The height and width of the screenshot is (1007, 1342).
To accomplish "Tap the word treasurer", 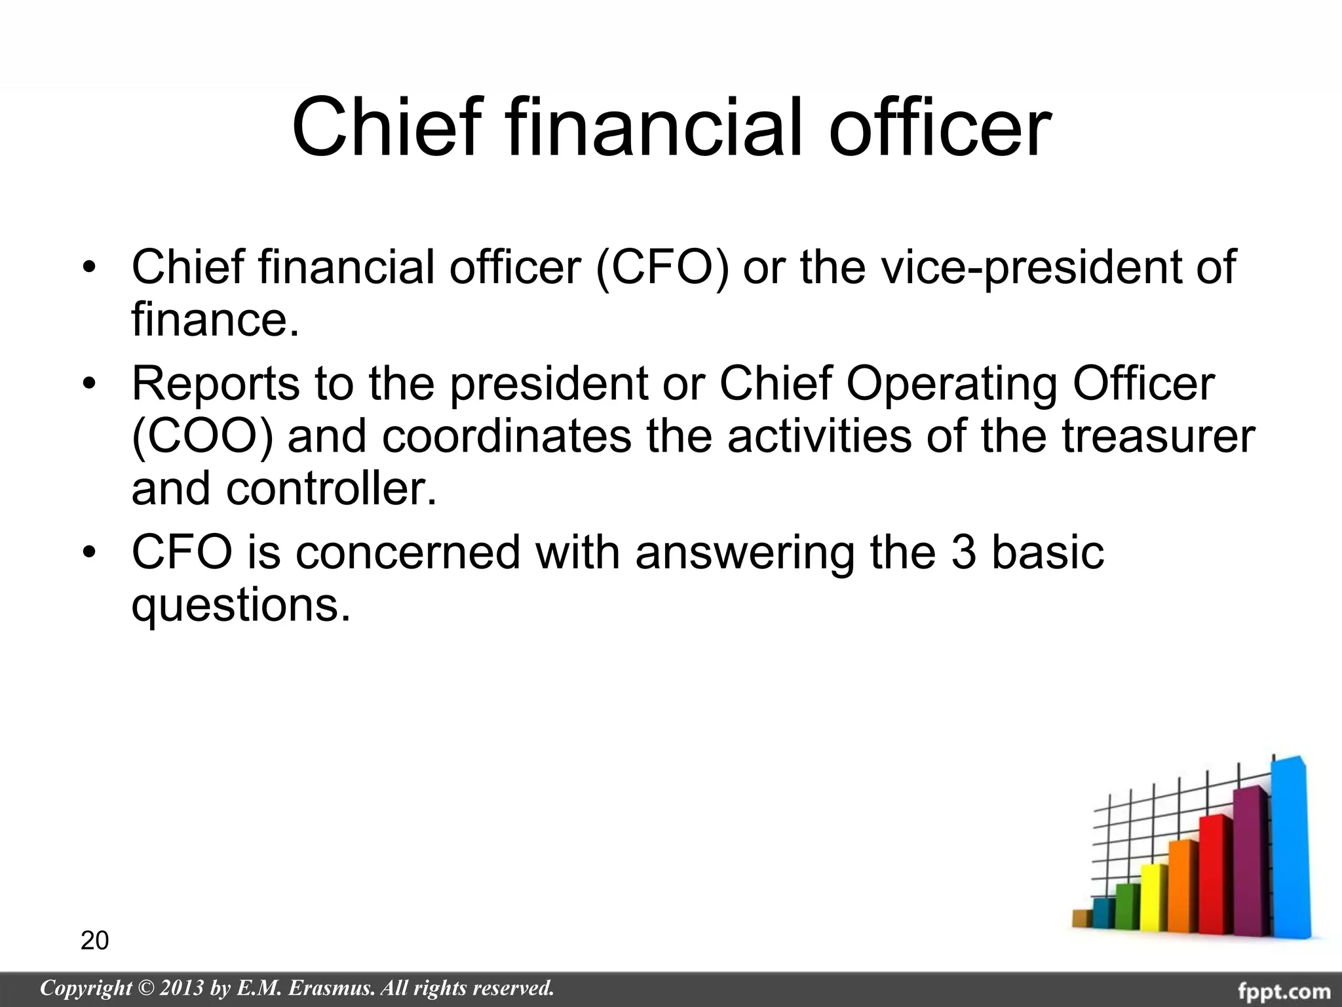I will [x=1159, y=437].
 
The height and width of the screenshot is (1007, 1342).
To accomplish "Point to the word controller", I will [x=331, y=489].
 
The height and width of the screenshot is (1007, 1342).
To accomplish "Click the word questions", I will [x=240, y=605].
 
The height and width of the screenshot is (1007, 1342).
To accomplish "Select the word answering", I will [x=744, y=552].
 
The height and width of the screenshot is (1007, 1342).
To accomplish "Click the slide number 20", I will [x=94, y=941].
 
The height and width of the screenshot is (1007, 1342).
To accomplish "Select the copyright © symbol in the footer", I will [x=143, y=988].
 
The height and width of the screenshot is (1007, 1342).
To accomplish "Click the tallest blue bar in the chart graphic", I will [x=1290, y=852].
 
